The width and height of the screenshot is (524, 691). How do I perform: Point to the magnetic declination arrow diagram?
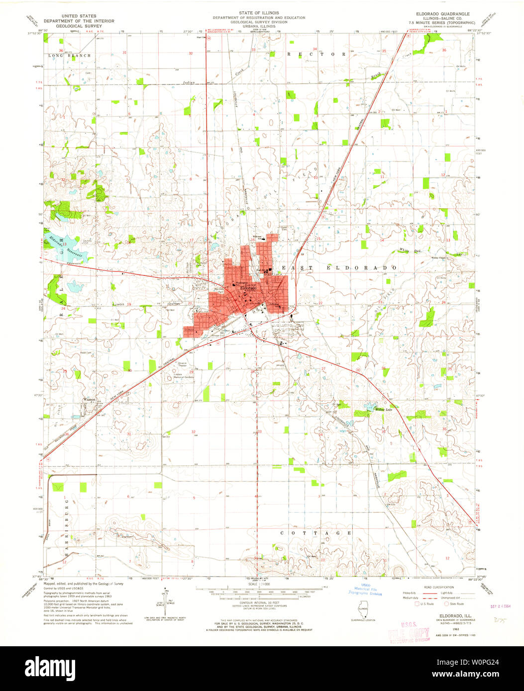(164, 599)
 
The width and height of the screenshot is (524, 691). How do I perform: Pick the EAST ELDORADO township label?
(339, 268)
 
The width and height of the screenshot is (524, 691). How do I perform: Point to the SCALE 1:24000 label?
(259, 584)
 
